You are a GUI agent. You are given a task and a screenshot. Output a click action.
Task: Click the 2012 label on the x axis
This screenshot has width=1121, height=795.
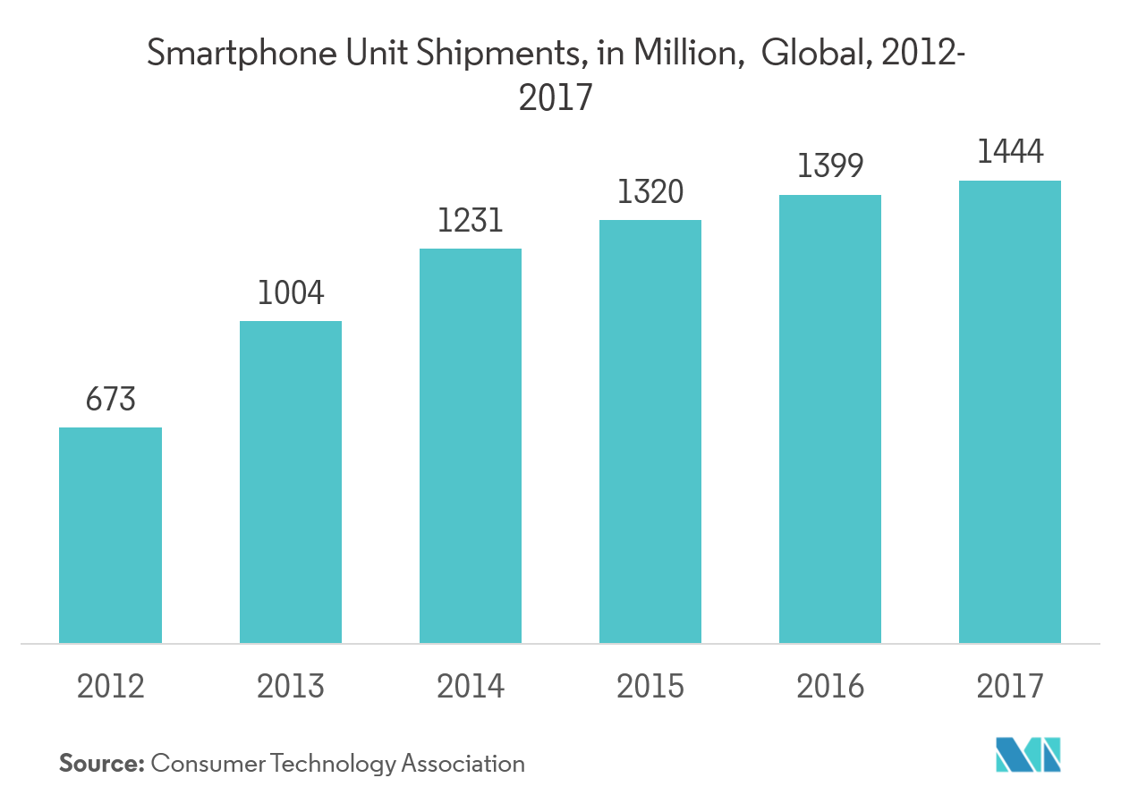110,686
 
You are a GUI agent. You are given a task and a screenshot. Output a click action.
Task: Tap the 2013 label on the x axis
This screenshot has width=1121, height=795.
291,686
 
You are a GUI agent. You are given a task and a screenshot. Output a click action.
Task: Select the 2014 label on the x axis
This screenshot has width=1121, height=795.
471,686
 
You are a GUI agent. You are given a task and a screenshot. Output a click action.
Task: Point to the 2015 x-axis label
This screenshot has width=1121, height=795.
650,686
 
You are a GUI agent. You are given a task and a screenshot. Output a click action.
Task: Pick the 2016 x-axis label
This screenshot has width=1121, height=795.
830,686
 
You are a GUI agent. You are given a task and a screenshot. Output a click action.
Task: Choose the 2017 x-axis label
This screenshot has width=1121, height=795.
1010,686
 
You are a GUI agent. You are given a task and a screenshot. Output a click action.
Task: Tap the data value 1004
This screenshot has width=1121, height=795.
291,293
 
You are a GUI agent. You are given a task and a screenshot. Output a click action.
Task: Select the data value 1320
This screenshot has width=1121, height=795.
650,192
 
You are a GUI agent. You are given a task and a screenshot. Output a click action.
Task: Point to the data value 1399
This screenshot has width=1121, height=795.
830,166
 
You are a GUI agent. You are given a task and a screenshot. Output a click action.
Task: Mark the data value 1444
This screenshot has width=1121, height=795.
1010,152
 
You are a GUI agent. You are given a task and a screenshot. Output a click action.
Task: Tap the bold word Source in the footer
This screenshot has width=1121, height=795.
101,764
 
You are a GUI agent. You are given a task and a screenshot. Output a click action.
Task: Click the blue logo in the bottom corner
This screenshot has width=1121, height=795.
1028,756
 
